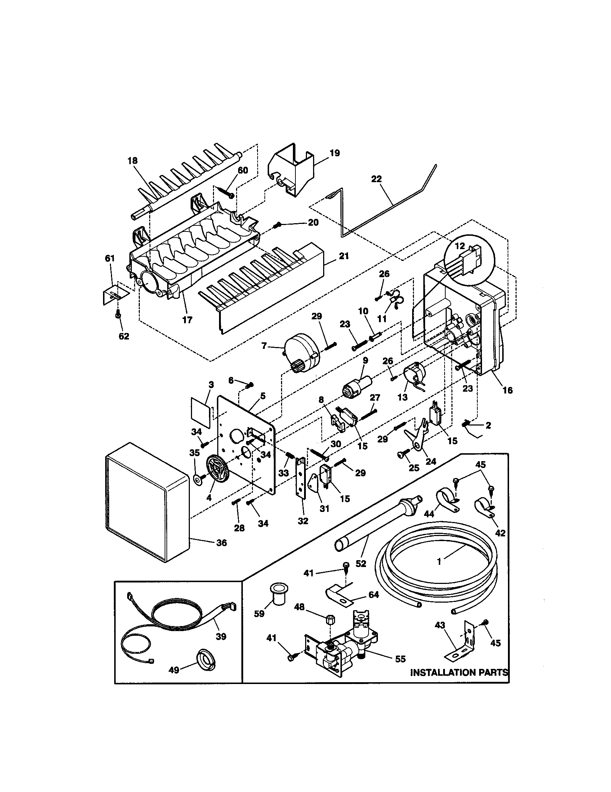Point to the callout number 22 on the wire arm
click(x=376, y=179)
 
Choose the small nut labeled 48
click(x=330, y=619)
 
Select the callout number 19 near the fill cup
click(x=335, y=153)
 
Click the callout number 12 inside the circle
click(x=459, y=246)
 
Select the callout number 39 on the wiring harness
click(x=220, y=636)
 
